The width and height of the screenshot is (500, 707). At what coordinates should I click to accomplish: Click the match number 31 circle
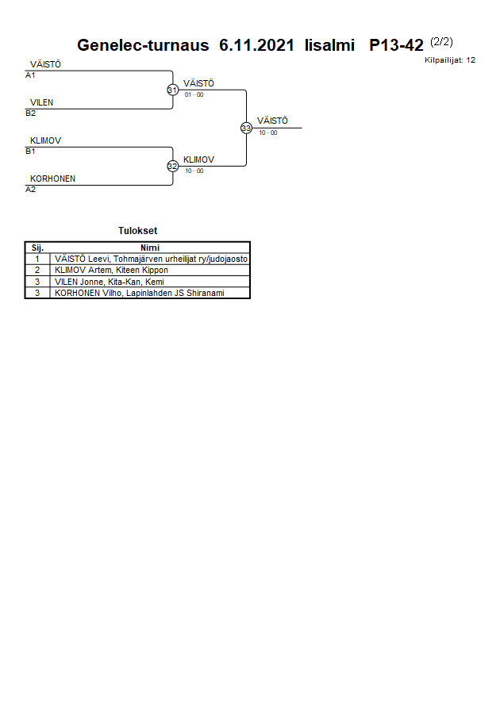pos(172,90)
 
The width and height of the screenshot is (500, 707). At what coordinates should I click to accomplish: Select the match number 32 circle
pos(172,166)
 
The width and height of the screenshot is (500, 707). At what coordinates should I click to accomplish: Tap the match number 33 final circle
pos(246,128)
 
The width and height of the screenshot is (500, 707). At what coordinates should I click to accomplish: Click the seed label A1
pos(31,75)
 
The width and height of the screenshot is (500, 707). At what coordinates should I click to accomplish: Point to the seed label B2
pos(31,113)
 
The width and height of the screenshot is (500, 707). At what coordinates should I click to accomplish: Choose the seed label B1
pos(31,151)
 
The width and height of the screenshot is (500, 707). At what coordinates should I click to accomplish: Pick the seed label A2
pos(31,190)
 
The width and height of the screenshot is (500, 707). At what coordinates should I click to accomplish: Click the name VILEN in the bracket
pos(42,102)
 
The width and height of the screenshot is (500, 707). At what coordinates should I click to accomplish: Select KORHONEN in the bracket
pos(53,179)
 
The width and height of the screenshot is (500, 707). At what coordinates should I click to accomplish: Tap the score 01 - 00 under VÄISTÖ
pos(194,94)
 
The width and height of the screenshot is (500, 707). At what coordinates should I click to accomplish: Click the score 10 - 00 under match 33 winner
pos(268,133)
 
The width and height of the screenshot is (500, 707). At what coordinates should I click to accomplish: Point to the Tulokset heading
pos(137,231)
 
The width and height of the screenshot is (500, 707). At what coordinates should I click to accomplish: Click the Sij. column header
pos(37,248)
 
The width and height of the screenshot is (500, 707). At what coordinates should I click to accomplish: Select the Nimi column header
pos(150,248)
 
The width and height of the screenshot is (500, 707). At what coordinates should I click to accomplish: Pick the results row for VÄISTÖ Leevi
pos(151,259)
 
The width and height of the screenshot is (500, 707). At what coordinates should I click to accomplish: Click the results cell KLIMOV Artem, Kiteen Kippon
pos(111,270)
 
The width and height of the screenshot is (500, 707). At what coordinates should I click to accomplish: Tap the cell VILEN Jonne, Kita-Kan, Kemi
pos(109,282)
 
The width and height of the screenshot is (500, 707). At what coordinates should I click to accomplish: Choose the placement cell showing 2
pos(37,270)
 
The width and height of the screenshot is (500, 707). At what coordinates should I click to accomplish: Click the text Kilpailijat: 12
pos(450,60)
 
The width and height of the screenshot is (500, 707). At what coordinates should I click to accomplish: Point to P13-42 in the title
pos(396,45)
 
